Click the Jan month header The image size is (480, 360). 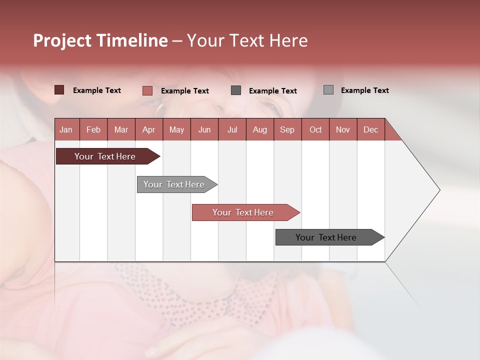tap(66, 129)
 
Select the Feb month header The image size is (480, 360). tap(93, 129)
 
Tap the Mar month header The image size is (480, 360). tap(121, 129)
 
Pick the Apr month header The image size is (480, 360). tap(148, 129)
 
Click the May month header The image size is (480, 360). tap(176, 129)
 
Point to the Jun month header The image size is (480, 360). tap(204, 129)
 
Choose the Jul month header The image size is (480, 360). tap(232, 129)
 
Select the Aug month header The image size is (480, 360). tap(259, 129)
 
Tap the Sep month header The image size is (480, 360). tap(287, 129)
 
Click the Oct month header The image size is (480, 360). tap(315, 129)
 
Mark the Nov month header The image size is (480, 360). tap(342, 129)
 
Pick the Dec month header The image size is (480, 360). tap(370, 129)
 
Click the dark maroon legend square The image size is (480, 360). tap(59, 90)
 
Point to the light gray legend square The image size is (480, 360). tap(328, 90)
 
